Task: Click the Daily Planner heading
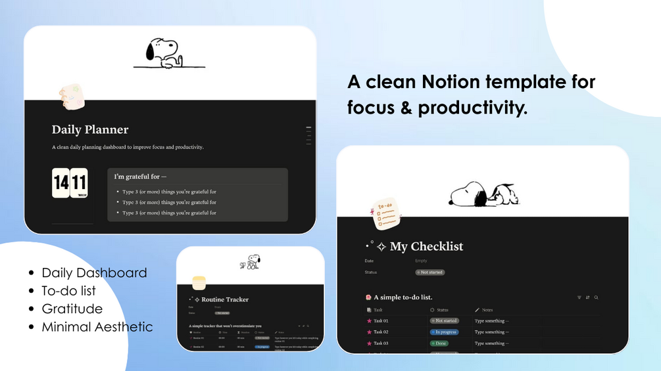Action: pos(90,130)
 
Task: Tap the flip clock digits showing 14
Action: pos(61,183)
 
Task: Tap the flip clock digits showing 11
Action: pos(79,183)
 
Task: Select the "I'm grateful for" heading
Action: pos(140,177)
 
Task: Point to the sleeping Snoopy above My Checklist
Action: pos(483,193)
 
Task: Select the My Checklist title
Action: pos(426,247)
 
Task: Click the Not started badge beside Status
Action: pos(430,272)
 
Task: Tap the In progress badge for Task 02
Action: pos(445,332)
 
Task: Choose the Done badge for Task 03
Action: pos(439,343)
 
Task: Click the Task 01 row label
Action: pos(381,321)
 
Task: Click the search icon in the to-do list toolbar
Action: pos(596,297)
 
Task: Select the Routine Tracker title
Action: pos(225,300)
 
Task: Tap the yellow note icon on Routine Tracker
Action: pos(199,283)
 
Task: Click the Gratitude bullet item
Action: pos(72,309)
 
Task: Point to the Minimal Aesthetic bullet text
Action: pos(97,327)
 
